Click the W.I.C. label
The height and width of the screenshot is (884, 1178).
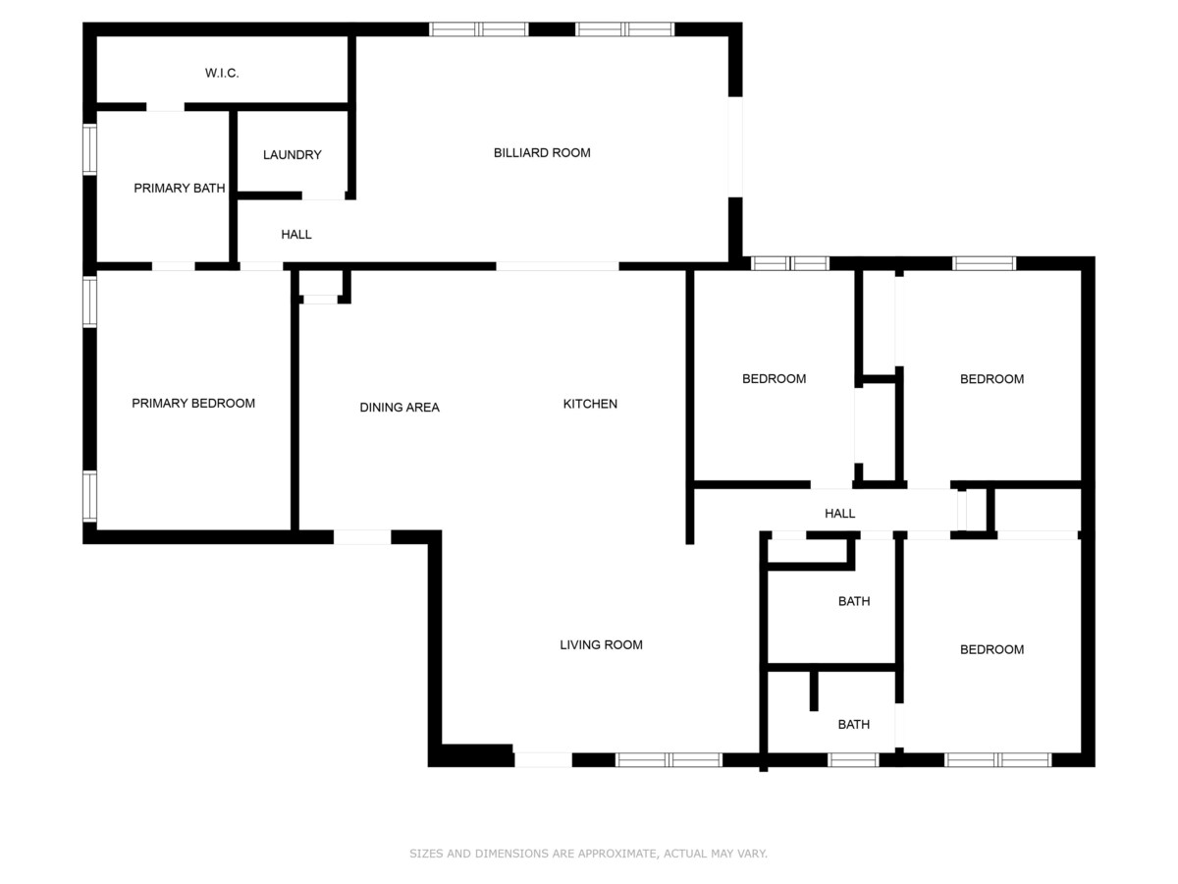[222, 73]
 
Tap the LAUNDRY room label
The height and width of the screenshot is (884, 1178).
[292, 154]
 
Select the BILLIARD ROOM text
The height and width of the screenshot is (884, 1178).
[542, 152]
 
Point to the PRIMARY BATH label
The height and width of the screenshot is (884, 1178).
[180, 188]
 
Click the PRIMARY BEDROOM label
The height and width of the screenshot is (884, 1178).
[193, 403]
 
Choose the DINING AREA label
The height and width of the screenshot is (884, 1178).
[400, 408]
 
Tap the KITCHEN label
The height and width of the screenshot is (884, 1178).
[590, 404]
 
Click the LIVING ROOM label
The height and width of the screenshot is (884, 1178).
[601, 644]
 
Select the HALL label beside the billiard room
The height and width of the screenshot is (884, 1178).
[296, 234]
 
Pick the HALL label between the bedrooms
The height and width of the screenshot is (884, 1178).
[840, 513]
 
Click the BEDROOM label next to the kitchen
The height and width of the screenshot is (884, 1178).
[774, 378]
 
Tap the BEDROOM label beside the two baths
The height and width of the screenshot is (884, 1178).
[991, 649]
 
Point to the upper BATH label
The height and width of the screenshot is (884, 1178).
[854, 601]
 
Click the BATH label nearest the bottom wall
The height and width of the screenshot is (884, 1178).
[854, 724]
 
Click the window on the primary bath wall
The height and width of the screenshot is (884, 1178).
[89, 149]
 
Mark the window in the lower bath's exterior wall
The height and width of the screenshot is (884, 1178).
[853, 759]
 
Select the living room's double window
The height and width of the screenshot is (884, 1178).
[669, 759]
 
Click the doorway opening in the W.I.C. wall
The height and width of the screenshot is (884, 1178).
[165, 107]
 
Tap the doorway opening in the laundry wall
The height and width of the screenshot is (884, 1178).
[323, 195]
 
